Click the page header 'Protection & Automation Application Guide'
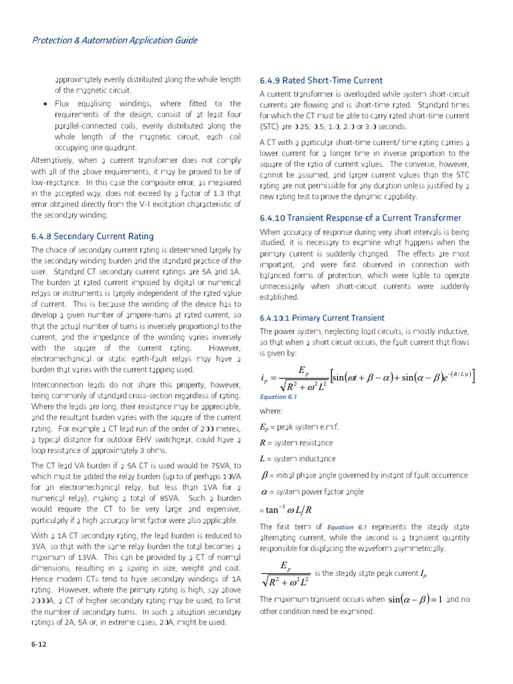114,40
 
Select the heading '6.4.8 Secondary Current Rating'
92,236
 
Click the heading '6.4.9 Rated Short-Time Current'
321,80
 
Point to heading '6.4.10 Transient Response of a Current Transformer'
360,218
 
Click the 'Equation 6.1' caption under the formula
277,396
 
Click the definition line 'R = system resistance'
295,443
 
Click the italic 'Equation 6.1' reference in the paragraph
348,526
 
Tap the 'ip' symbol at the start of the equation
265,379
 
